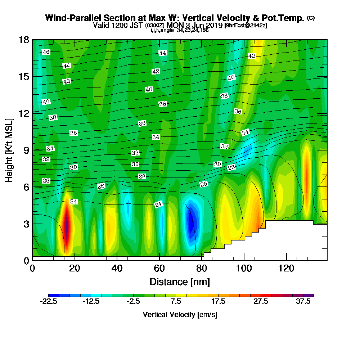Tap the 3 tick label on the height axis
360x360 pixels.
(26, 224)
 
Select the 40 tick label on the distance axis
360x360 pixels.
(117, 269)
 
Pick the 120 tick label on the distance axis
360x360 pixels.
(286, 269)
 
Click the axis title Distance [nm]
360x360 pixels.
(180, 282)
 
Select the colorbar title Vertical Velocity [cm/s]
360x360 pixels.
(180, 315)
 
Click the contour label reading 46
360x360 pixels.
(46, 52)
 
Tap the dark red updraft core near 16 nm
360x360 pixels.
(66, 227)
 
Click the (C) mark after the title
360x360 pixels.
(311, 18)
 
